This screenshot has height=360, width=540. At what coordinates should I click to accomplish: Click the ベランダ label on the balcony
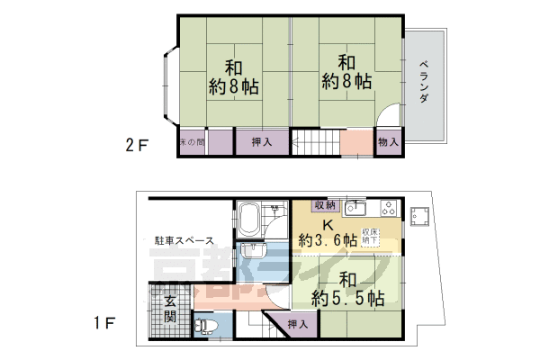point(425,82)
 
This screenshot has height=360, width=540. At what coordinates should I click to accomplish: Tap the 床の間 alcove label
point(192,142)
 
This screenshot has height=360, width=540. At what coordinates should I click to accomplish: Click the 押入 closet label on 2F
point(262,142)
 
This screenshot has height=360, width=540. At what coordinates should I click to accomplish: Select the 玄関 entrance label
point(168,310)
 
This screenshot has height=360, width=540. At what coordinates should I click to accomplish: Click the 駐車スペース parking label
point(183,240)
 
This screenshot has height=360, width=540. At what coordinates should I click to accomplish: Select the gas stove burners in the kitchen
point(388,208)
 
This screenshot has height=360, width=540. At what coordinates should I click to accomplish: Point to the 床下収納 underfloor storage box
point(371,238)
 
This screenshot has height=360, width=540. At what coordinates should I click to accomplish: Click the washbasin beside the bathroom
point(251,250)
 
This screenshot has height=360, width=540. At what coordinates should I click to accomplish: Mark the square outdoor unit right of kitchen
point(418,215)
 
